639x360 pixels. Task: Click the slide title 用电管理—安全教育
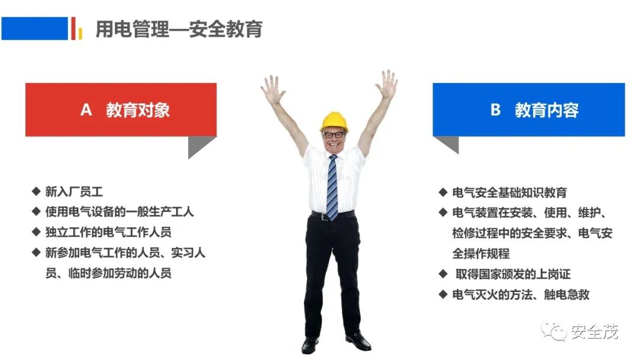coord(179,29)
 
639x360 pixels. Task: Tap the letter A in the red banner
coord(86,110)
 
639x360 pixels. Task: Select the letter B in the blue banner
coord(495,110)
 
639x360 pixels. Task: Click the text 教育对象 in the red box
coord(138,110)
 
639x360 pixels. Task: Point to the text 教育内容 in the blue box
coord(547,110)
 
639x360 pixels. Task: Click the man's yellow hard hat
coord(334,121)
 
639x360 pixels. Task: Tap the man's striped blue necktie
coord(333,188)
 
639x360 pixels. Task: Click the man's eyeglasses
coord(334,134)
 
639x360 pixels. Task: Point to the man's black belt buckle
coord(325,217)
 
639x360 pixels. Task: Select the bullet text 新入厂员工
coord(74,192)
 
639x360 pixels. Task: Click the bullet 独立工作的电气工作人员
coord(108,232)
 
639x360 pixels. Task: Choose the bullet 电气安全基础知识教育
coord(509,192)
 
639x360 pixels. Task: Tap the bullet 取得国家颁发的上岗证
coord(513,274)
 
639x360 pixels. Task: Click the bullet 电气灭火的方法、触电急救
coord(521,294)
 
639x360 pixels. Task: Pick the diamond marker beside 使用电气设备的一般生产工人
coord(36,211)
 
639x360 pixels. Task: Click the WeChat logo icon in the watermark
coord(553,331)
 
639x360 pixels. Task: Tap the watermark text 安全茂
coord(594,332)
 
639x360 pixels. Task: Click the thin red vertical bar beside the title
coord(73,28)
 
